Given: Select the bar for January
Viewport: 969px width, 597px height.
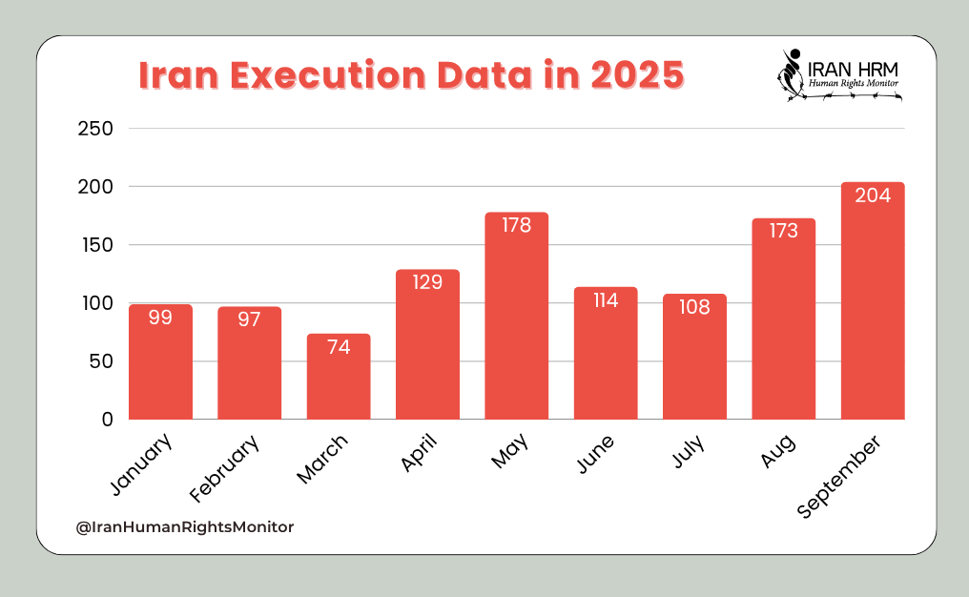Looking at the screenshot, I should click(160, 362).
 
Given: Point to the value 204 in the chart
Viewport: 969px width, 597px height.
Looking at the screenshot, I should click(873, 196).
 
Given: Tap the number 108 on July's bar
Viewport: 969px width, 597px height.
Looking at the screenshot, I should click(694, 307).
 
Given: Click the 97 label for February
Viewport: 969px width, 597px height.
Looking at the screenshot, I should click(250, 319).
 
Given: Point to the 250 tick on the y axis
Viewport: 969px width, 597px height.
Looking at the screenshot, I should click(94, 129).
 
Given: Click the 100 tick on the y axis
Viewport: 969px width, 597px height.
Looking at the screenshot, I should click(94, 303).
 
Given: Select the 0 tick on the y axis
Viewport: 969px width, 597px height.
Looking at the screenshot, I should click(107, 420).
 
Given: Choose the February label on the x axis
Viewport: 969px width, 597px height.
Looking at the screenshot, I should click(225, 468).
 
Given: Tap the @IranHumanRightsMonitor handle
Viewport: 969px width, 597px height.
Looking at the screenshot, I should click(185, 525).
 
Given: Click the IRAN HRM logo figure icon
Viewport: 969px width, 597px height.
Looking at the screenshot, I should click(790, 72).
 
